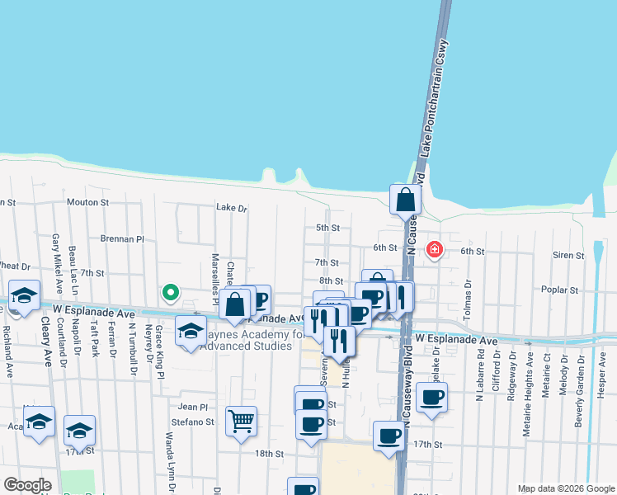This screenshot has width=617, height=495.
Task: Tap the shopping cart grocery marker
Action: click(x=241, y=422)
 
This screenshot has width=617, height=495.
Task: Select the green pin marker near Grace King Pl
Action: click(x=170, y=292)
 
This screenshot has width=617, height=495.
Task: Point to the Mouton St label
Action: click(x=88, y=202)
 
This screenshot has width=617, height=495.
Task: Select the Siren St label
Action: click(x=568, y=256)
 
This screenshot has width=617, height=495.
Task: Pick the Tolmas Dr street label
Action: click(x=468, y=296)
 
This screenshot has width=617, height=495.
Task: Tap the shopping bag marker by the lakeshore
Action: click(x=406, y=200)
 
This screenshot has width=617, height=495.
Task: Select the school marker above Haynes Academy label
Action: click(x=191, y=331)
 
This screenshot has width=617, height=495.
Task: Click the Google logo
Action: click(x=28, y=485)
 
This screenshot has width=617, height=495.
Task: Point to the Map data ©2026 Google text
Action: click(x=565, y=488)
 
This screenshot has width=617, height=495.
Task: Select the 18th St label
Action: click(x=269, y=454)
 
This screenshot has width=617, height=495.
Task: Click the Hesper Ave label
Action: click(x=602, y=370)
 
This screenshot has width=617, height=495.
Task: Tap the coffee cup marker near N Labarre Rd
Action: click(x=431, y=398)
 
